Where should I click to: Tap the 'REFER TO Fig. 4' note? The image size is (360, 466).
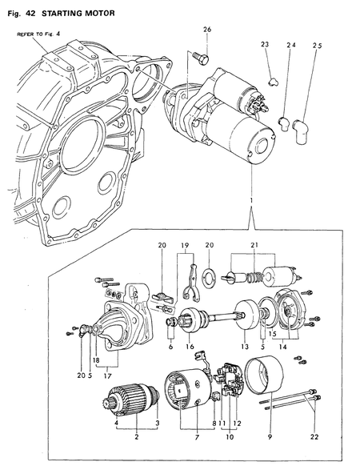[x=38, y=35]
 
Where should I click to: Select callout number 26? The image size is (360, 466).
[x=207, y=30]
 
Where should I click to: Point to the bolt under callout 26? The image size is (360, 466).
[x=200, y=57]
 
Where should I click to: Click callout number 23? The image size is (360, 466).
[x=265, y=46]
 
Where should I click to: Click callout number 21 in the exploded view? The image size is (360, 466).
[x=254, y=244]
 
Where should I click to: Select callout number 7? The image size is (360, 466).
[x=196, y=439]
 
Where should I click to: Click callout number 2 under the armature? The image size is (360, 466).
[x=138, y=438]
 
